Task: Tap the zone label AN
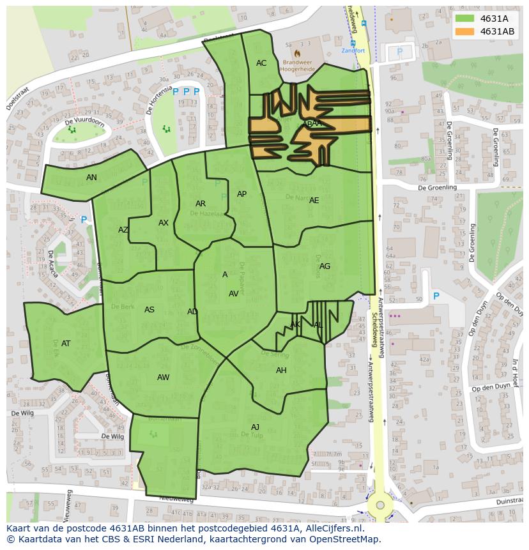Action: (91, 178)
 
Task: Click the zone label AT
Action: (66, 344)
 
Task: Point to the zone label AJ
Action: (255, 427)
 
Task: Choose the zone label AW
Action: (163, 378)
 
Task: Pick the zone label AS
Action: (149, 310)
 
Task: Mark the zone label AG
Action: (325, 266)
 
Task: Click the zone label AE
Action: (314, 201)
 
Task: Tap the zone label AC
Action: (261, 63)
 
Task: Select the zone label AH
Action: (281, 370)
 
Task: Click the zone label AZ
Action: (123, 230)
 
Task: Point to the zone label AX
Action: (164, 223)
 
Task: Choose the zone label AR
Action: (201, 204)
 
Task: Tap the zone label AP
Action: (241, 194)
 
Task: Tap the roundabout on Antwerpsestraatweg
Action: (380, 505)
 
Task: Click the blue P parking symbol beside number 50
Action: (436, 296)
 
